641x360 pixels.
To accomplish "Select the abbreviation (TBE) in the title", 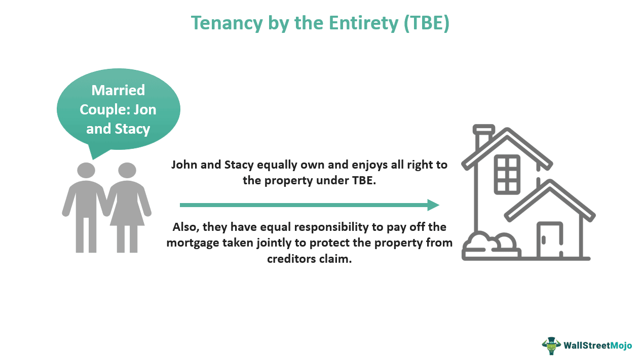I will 426,23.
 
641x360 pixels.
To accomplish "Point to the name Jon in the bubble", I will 145,109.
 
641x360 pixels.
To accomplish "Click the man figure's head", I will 86,170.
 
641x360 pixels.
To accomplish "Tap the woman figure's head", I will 127,170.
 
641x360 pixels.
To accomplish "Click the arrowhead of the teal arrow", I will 433,205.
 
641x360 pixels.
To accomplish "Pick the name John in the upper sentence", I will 187,165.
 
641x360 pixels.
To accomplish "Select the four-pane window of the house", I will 507,171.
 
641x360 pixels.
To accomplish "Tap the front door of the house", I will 549,239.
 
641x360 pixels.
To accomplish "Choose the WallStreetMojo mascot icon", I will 551,346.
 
